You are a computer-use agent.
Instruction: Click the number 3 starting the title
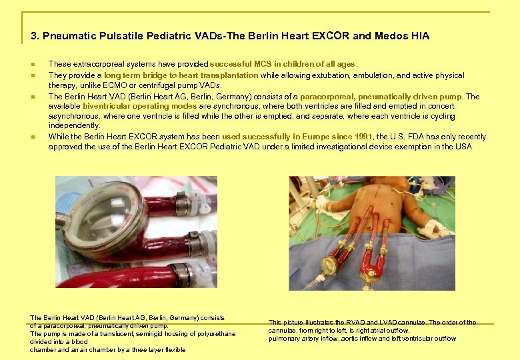click(x=34, y=36)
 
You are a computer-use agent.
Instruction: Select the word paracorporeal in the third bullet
click(x=325, y=97)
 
